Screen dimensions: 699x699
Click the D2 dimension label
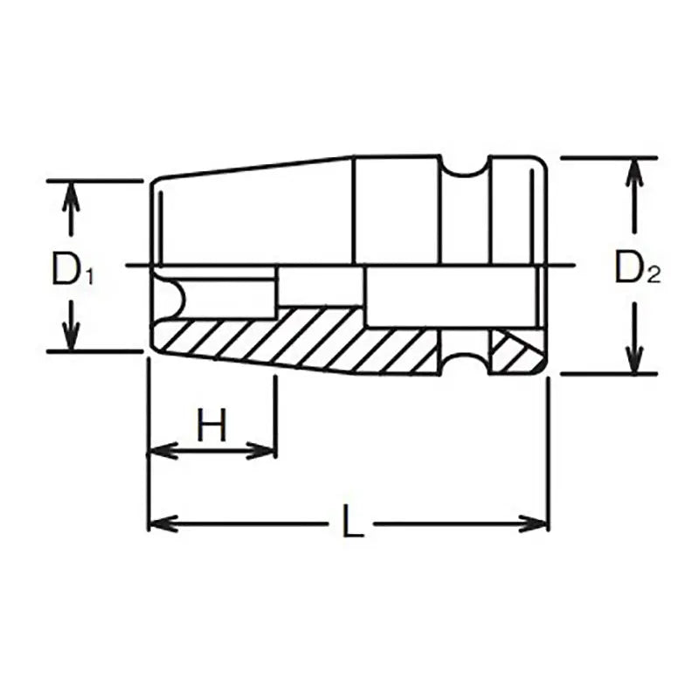coord(636,268)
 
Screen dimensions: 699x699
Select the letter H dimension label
coord(211,427)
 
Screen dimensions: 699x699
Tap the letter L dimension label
coord(352,524)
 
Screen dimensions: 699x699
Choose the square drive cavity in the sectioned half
coord(450,297)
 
